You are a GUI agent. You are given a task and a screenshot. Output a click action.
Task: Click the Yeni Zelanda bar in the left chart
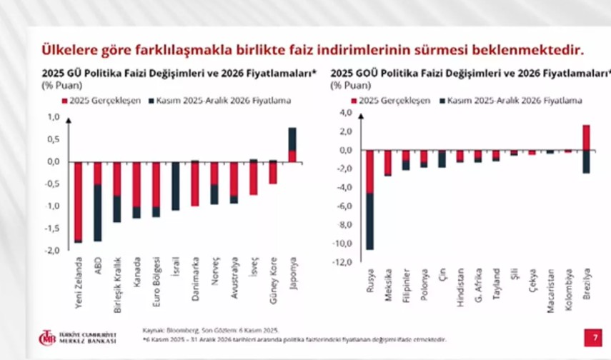[x=78, y=201]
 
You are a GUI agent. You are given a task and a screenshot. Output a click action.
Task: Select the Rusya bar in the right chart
[x=370, y=200]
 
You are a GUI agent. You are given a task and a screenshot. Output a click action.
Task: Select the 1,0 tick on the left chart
[x=53, y=116]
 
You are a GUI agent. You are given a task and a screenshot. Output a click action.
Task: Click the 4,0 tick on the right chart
[x=346, y=113]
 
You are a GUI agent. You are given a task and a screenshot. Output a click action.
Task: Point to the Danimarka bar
[x=194, y=184]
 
